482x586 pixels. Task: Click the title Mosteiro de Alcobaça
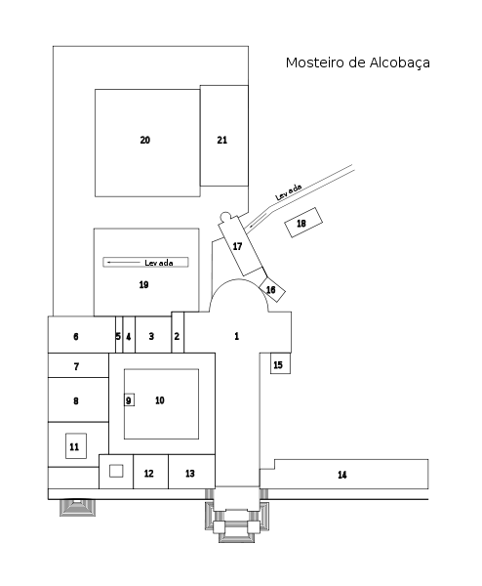point(358,63)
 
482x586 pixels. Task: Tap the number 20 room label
point(145,140)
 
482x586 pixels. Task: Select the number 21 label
point(222,140)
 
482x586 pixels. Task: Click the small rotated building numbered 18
point(303,223)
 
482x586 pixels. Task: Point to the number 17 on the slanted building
point(237,246)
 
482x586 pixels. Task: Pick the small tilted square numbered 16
point(272,290)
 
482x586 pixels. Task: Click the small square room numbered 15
point(280,363)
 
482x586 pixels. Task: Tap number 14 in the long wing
point(342,475)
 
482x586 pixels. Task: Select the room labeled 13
point(191,472)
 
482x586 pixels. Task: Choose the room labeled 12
point(151,472)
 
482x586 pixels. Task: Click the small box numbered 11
point(76,446)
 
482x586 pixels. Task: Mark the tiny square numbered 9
point(129,400)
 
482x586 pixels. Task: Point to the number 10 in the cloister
point(160,400)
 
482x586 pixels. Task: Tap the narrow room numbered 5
point(119,334)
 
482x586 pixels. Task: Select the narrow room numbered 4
point(129,334)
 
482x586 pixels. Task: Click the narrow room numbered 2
point(178,332)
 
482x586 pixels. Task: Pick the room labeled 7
point(78,365)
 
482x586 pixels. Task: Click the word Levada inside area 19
point(159,263)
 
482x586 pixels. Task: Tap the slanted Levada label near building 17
point(288,192)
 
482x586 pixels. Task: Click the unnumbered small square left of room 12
point(116,471)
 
